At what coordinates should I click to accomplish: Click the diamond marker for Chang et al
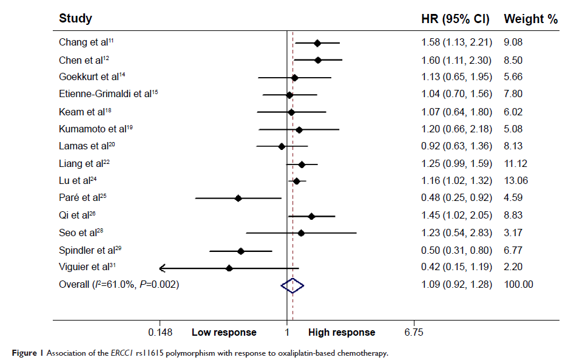click(x=317, y=43)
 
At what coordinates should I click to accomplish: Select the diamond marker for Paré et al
click(x=238, y=199)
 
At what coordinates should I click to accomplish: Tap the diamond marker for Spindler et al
click(x=241, y=251)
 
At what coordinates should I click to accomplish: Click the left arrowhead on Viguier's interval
click(x=162, y=268)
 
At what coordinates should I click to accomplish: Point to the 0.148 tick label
click(x=160, y=333)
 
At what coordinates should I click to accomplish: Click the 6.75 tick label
click(x=414, y=333)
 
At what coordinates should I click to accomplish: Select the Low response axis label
click(x=224, y=333)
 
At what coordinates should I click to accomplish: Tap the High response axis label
click(x=342, y=333)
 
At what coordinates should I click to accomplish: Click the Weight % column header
click(x=530, y=19)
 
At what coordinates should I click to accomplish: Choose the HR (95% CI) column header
click(x=455, y=19)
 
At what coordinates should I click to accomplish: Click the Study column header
click(x=75, y=19)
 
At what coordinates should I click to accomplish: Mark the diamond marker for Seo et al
click(x=301, y=233)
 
